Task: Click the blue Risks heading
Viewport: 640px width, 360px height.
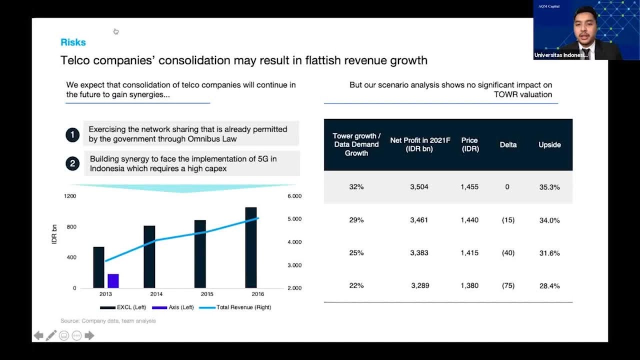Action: pos(73,42)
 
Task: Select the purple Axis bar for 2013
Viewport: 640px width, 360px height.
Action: pos(113,281)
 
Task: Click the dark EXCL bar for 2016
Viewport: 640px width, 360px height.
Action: pos(251,247)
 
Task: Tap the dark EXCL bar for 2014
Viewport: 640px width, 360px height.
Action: pos(149,257)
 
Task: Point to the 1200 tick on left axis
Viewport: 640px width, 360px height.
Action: pos(70,196)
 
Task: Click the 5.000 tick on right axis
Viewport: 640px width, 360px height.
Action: pos(294,219)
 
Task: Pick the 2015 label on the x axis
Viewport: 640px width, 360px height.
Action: pos(207,294)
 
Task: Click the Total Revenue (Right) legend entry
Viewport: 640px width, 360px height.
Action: pos(235,307)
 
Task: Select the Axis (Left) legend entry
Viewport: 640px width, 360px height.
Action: pos(173,307)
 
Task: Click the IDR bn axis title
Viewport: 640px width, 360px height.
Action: pos(54,234)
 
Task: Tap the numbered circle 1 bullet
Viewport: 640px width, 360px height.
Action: pos(72,135)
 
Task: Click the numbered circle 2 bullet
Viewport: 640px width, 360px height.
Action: pos(72,163)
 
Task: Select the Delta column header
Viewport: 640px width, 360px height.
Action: pos(508,145)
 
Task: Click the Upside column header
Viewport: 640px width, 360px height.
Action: pos(549,145)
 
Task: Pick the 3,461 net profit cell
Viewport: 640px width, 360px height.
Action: pos(419,220)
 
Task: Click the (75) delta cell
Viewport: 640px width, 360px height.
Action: pos(508,285)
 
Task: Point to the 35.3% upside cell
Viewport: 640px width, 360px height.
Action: pos(549,187)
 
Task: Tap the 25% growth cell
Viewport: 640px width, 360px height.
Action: pos(356,253)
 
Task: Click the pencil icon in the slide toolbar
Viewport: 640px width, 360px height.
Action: pos(51,335)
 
